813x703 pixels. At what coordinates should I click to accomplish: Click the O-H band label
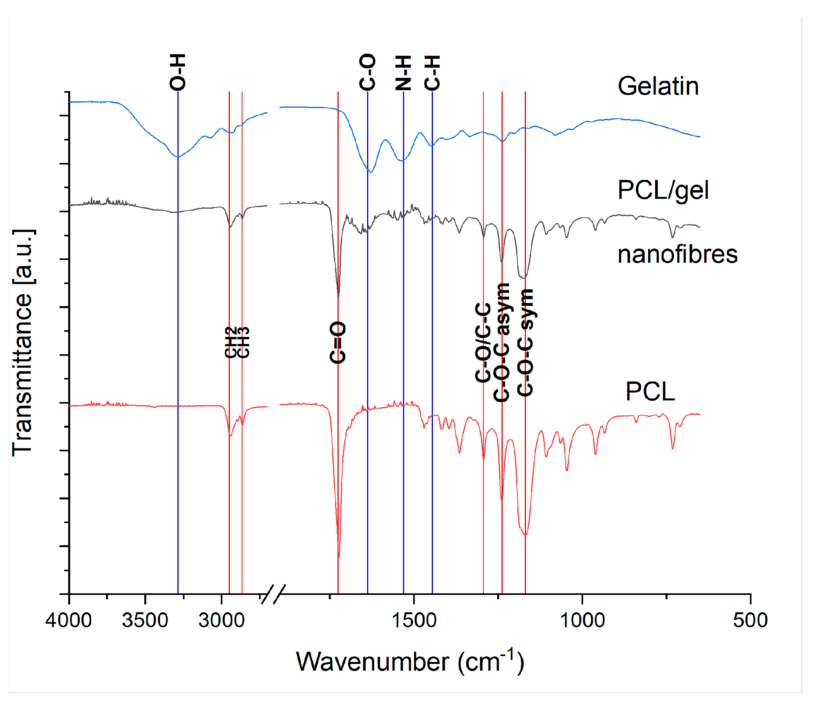point(177,72)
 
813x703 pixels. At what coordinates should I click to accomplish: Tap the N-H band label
point(403,73)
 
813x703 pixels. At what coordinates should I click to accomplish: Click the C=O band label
point(338,342)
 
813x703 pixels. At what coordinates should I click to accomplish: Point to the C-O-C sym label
point(525,342)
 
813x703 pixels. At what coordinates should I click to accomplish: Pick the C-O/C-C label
point(483,342)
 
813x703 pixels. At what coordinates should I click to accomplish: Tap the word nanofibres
point(677,254)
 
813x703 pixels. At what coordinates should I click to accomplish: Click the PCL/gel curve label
point(663,190)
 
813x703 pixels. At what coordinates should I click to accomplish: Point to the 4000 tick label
point(69,620)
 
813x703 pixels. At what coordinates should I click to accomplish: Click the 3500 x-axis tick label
point(145,620)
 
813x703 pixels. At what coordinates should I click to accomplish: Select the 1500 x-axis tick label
point(414,620)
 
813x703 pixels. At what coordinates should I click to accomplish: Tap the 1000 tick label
point(582,620)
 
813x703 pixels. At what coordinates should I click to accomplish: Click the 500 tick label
point(750,620)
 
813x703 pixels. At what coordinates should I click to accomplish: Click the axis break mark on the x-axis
point(273,594)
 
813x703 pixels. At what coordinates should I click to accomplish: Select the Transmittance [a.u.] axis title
point(23,342)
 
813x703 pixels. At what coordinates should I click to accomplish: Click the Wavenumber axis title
point(410,662)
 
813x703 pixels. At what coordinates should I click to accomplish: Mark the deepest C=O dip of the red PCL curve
point(339,556)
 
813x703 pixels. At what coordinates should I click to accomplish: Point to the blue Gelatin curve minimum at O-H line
point(178,157)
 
